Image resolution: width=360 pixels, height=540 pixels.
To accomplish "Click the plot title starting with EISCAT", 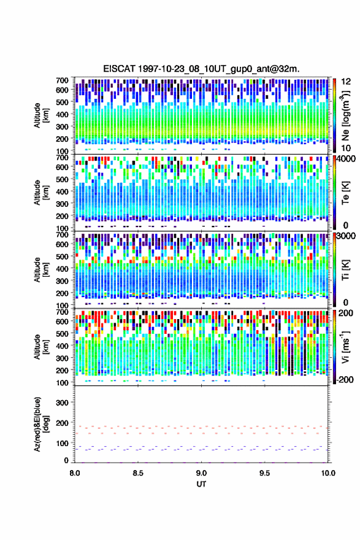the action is pyautogui.click(x=201, y=69).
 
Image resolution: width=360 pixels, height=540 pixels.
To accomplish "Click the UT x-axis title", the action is pyautogui.click(x=201, y=484).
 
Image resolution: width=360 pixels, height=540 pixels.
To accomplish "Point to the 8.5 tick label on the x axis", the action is pyautogui.click(x=138, y=473).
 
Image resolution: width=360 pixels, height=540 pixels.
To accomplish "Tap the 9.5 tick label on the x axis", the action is pyautogui.click(x=265, y=473).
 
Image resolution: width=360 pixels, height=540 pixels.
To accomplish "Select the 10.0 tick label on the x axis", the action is pyautogui.click(x=328, y=473).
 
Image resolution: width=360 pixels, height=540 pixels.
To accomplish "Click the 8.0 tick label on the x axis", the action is pyautogui.click(x=75, y=473).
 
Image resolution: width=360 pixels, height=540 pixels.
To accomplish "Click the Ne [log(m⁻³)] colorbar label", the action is pyautogui.click(x=345, y=116).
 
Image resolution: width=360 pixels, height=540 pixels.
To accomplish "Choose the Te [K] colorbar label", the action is pyautogui.click(x=345, y=193).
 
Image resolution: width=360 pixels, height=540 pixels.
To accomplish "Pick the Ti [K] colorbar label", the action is pyautogui.click(x=345, y=270).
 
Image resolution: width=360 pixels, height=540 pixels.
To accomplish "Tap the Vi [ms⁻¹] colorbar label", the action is pyautogui.click(x=345, y=347).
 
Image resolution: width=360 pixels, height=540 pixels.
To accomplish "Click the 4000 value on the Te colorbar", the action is pyautogui.click(x=347, y=159).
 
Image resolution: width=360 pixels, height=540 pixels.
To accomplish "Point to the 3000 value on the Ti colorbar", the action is pyautogui.click(x=347, y=236).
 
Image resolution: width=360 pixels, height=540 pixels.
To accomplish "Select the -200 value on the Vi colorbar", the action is pyautogui.click(x=345, y=379).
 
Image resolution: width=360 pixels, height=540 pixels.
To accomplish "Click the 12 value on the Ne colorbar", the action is pyautogui.click(x=347, y=82).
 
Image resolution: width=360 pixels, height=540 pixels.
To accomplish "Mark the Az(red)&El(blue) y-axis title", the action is pyautogui.click(x=40, y=424).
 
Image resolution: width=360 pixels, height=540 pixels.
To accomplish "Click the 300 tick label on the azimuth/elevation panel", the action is pyautogui.click(x=62, y=403).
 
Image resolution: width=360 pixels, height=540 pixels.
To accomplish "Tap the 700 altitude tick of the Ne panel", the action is pyautogui.click(x=62, y=80).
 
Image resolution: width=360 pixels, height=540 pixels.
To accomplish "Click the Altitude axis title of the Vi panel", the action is pyautogui.click(x=40, y=347).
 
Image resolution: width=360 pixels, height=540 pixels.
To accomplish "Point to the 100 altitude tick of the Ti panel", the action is pyautogui.click(x=62, y=306).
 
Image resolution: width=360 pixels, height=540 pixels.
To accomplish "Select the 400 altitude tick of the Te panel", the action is pyautogui.click(x=62, y=191).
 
